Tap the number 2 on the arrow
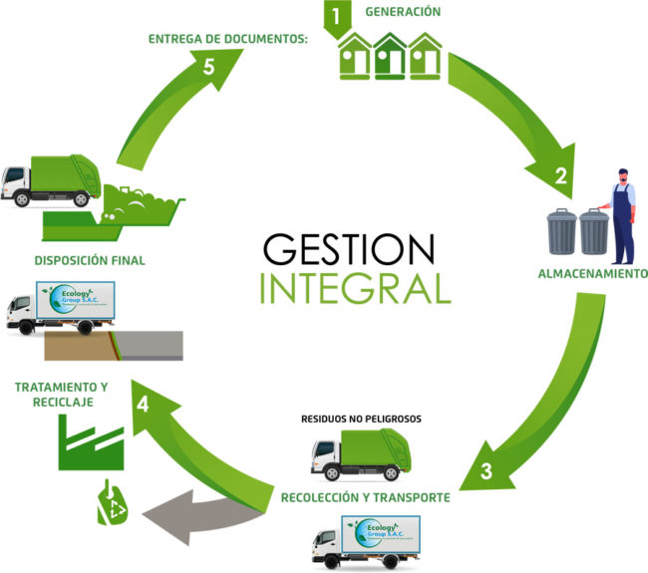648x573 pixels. [x=560, y=177]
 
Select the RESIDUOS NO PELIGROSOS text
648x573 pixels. [x=361, y=419]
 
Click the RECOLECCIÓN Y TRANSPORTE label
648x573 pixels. [x=366, y=495]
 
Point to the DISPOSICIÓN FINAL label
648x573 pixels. [x=90, y=261]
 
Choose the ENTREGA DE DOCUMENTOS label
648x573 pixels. [x=227, y=39]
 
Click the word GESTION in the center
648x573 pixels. [x=349, y=248]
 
